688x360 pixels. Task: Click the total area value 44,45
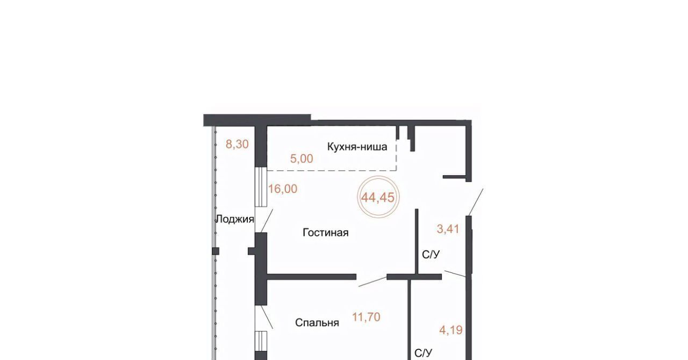pos(377,198)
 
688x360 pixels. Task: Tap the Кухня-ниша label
pos(357,147)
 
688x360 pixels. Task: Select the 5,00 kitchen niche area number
pos(302,159)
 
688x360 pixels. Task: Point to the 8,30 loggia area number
pos(237,144)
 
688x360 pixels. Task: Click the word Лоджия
pos(235,219)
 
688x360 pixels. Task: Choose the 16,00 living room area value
pos(283,189)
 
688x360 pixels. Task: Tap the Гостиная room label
pos(326,233)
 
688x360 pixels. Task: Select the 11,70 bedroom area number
pos(366,317)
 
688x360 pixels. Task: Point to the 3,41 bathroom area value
pos(448,229)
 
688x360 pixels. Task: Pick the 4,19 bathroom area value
pos(451,330)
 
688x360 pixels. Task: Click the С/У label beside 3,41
pos(431,255)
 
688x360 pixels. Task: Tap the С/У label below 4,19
pos(423,352)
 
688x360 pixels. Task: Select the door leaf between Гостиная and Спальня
pos(372,282)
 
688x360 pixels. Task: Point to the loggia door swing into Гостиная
pos(267,221)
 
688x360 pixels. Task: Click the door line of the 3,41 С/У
pos(456,273)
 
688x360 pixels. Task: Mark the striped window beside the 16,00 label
pos(261,187)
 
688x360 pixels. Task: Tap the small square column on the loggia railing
pos(216,251)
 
